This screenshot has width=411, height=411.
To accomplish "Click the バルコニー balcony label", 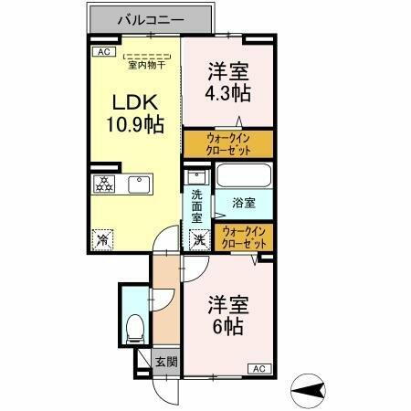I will (x=154, y=19).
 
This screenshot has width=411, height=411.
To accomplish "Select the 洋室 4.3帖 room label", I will (x=228, y=82).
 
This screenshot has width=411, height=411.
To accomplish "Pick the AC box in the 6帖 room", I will (x=258, y=368).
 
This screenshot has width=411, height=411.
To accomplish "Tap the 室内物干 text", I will (x=146, y=64).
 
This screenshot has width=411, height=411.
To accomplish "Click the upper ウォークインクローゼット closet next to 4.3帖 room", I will (x=227, y=144).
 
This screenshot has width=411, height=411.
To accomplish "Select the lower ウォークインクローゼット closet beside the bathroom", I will (x=244, y=238).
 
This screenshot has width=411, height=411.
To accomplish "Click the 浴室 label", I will (x=243, y=201).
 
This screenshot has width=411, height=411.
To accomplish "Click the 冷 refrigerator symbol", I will (x=102, y=239).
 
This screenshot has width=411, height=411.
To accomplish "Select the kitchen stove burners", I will (x=103, y=184).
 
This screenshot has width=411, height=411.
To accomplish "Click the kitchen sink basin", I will (x=140, y=184).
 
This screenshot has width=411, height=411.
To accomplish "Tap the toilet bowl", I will (x=133, y=324).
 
